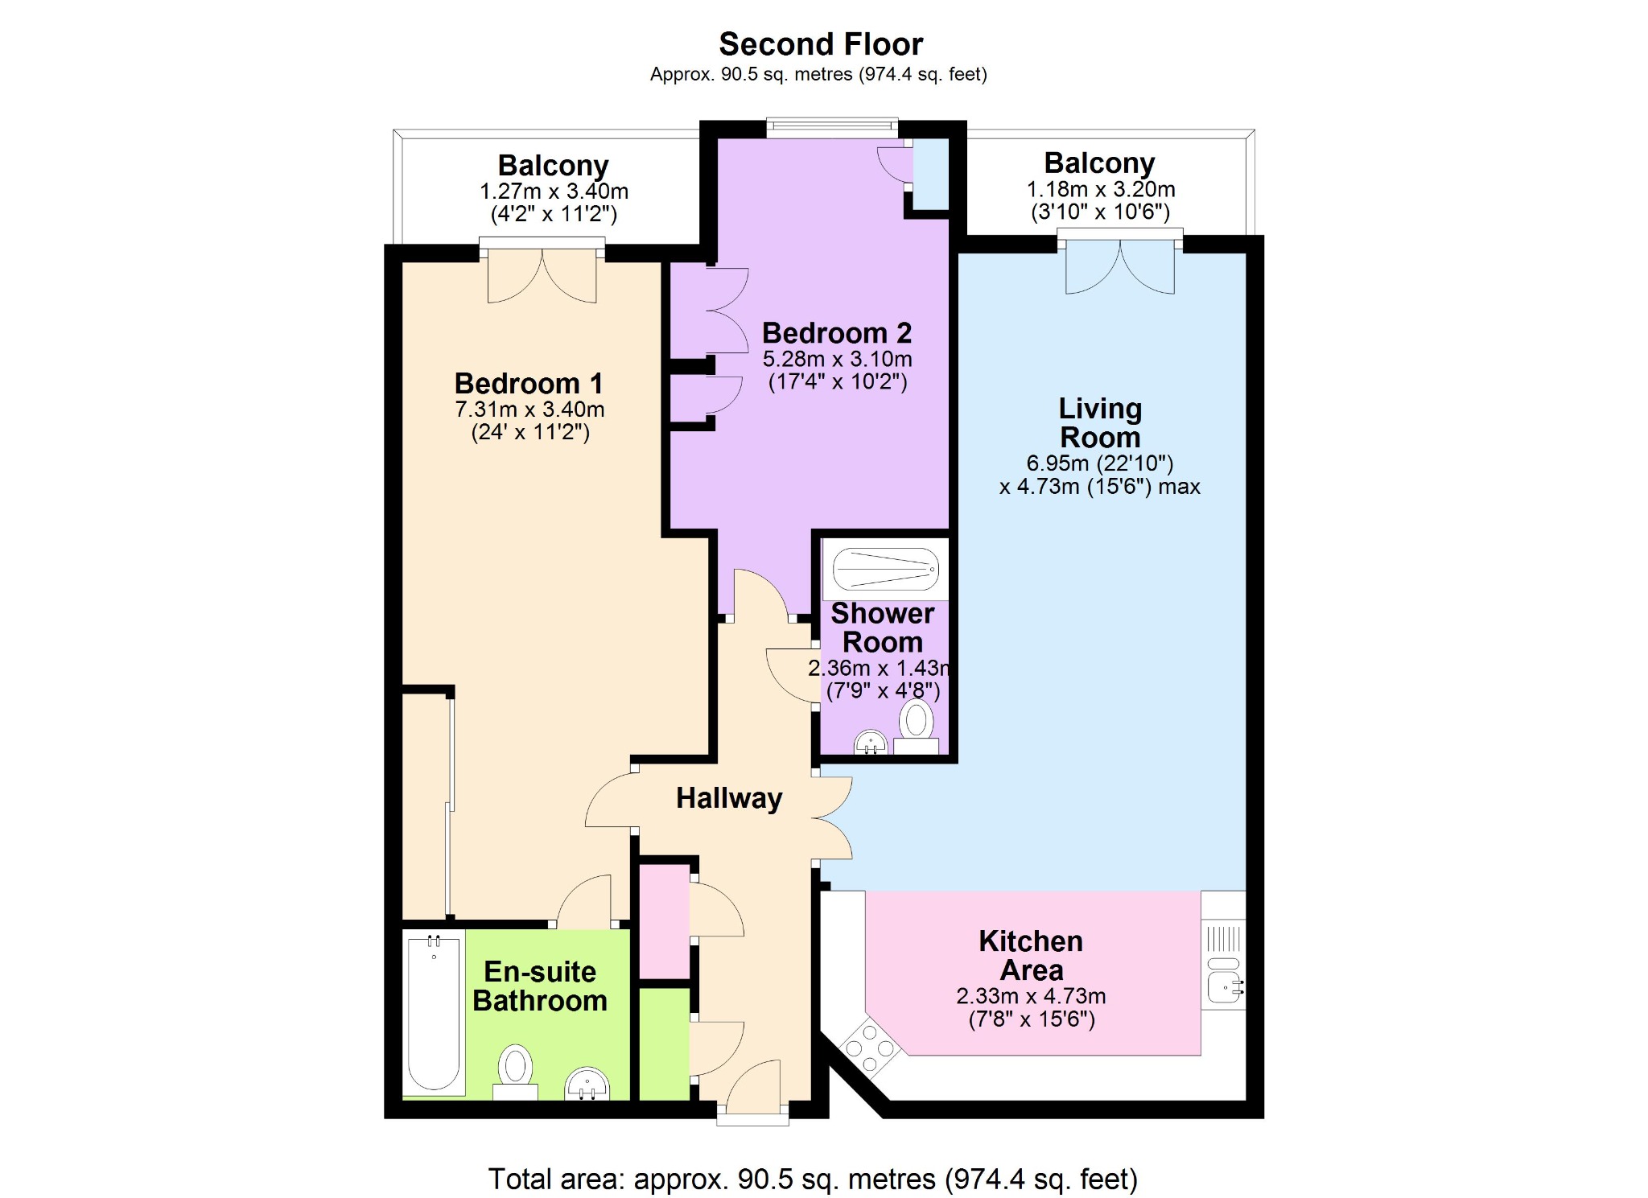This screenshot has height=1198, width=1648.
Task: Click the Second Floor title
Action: [821, 43]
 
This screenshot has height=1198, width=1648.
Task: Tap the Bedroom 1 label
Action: [529, 383]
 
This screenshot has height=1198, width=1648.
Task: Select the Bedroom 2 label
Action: [837, 333]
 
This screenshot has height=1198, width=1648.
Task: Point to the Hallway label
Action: [729, 798]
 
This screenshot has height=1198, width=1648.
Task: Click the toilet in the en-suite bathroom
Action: [515, 1072]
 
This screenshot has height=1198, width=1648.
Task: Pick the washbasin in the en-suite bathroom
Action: [587, 1084]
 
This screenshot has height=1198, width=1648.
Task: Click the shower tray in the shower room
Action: [885, 570]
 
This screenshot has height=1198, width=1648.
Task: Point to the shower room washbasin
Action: [870, 742]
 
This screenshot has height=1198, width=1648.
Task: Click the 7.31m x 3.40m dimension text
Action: [529, 410]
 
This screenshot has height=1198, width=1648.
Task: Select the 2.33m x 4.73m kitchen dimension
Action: [1031, 996]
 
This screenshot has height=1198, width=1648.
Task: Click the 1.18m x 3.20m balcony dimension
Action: [1101, 189]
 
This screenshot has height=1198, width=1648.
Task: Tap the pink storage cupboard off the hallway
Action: [665, 921]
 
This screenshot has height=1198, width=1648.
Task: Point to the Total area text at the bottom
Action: [813, 1179]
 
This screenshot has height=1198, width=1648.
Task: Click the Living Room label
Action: [1100, 423]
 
